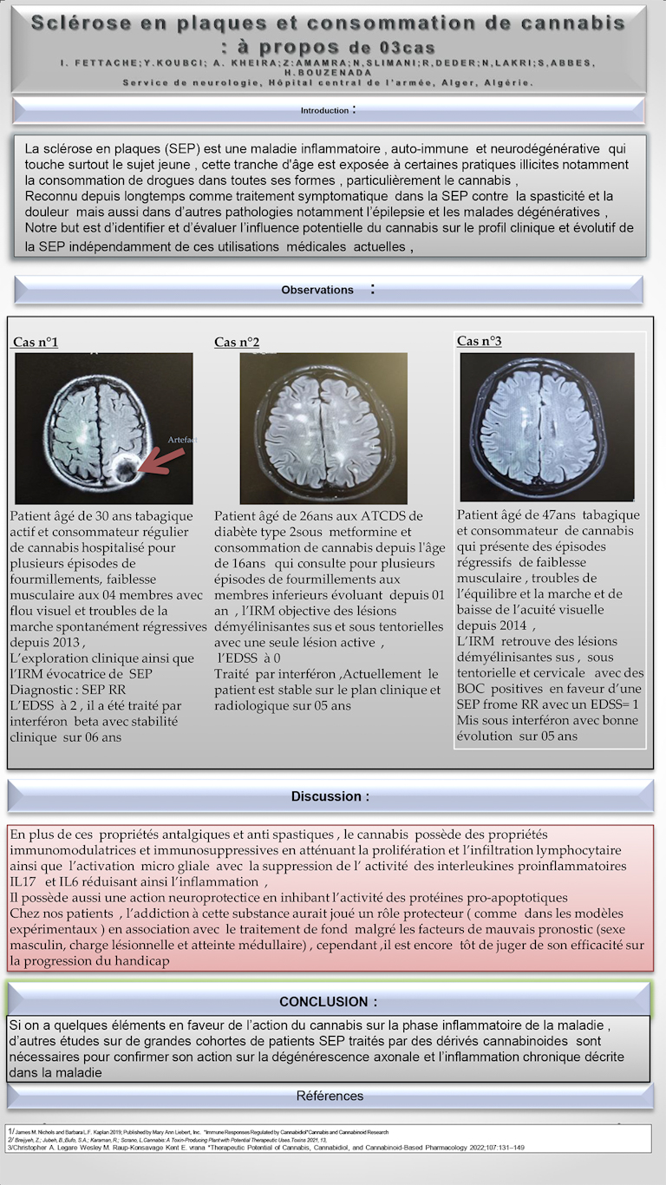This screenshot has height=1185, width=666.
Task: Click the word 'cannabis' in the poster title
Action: click(570, 22)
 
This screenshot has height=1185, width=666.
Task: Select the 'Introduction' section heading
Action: click(325, 111)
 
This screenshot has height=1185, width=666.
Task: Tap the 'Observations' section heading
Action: click(317, 290)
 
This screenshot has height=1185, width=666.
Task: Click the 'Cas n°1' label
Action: click(36, 343)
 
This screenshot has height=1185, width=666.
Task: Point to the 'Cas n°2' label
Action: click(237, 343)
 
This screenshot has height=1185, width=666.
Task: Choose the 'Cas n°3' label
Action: click(480, 341)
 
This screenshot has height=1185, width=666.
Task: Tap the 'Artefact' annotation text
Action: click(183, 441)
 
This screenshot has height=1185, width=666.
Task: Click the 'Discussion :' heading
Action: click(330, 796)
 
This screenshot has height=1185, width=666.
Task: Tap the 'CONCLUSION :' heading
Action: click(328, 1002)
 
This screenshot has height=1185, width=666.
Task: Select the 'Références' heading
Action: click(330, 1096)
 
